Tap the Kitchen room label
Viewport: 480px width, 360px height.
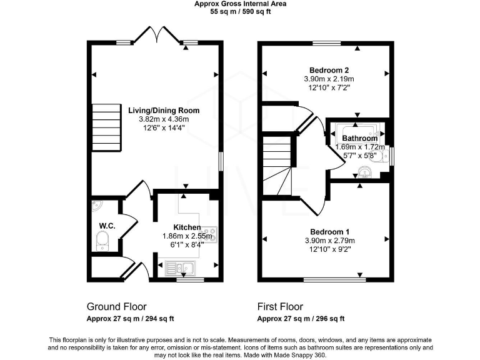tap(187, 227)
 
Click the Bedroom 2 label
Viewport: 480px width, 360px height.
tap(329, 69)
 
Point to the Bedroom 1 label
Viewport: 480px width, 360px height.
tap(329, 231)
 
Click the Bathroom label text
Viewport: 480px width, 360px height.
tap(359, 138)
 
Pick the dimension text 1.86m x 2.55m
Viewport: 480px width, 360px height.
tap(187, 236)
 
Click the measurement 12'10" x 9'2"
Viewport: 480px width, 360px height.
tap(329, 249)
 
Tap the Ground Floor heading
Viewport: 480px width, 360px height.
tap(116, 307)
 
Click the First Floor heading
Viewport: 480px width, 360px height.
tap(280, 307)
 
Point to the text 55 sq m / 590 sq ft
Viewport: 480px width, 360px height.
tap(239, 11)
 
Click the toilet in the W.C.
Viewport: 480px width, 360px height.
tap(102, 240)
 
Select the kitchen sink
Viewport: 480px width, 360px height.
tap(181, 269)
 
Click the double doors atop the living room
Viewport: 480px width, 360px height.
tap(159, 34)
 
